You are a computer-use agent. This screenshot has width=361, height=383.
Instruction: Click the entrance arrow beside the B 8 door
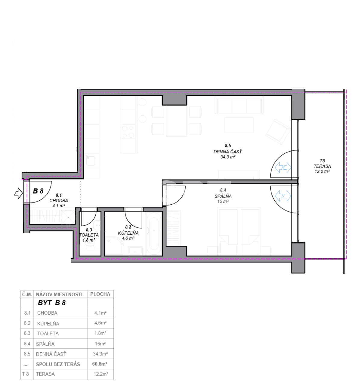tap(18, 193)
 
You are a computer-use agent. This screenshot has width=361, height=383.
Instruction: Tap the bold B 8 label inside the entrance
tap(38, 191)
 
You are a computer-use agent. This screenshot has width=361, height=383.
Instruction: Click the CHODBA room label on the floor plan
tap(59, 201)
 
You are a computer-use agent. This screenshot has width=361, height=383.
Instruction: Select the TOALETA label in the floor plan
tap(89, 235)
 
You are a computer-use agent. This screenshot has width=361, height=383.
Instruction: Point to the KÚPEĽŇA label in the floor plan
tap(128, 233)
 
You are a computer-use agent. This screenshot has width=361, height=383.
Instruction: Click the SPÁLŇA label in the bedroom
tap(223, 196)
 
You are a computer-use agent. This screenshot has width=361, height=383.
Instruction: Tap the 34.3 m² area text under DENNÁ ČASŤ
tap(228, 157)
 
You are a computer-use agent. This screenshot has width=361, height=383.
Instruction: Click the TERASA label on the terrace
tap(322, 166)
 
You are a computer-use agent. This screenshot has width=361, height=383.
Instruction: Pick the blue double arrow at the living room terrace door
tap(283, 168)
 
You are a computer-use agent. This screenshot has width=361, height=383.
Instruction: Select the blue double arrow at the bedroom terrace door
tap(283, 196)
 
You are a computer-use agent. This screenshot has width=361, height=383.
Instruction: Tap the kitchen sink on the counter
tap(91, 160)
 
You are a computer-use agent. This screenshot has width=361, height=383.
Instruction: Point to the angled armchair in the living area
tap(278, 132)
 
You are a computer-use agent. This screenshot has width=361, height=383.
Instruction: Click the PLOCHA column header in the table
tap(100, 294)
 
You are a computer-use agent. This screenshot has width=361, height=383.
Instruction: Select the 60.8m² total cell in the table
tap(100, 364)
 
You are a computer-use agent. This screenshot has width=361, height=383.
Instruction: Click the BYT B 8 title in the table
tap(52, 303)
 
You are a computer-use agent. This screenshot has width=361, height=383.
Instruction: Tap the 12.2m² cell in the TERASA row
tap(101, 374)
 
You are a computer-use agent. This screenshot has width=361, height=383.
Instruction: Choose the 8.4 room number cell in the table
tap(27, 344)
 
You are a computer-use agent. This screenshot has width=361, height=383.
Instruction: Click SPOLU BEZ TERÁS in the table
tap(58, 364)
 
